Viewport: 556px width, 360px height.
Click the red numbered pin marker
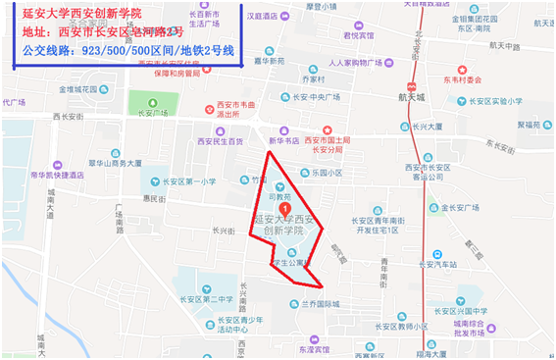point(284,208)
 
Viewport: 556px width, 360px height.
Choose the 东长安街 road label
point(500,143)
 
